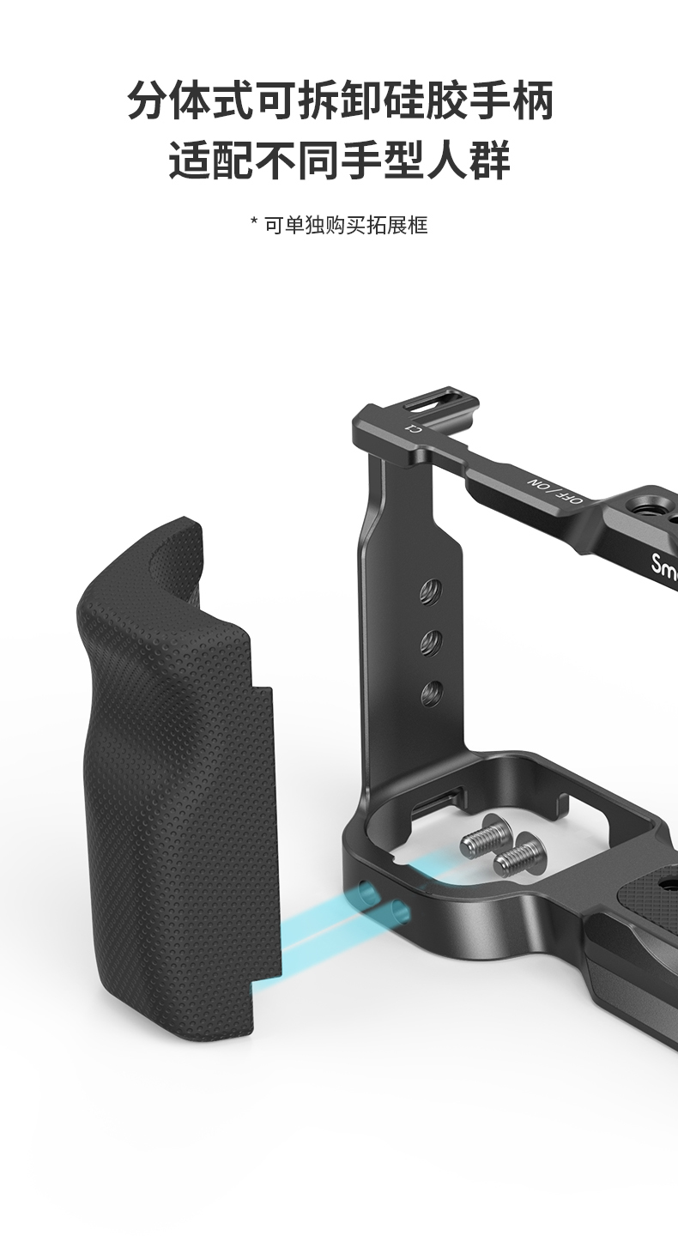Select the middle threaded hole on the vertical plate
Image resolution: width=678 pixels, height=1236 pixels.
pyautogui.click(x=432, y=642)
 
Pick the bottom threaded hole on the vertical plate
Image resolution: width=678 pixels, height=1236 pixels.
pyautogui.click(x=432, y=693)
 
